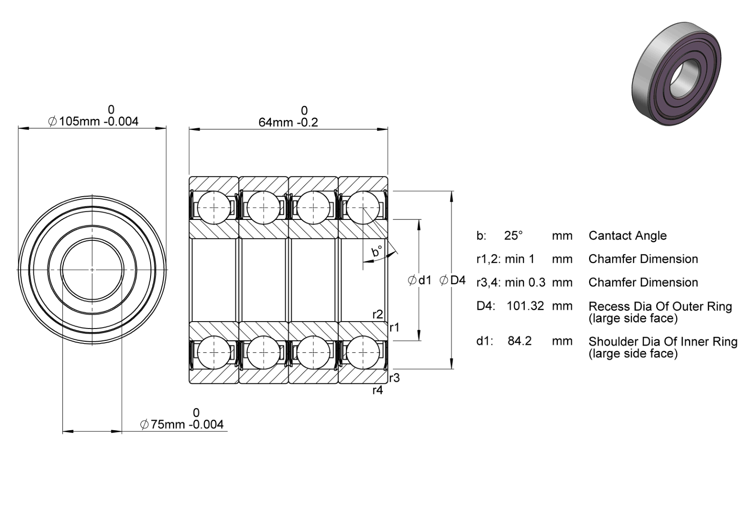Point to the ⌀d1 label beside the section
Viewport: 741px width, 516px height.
[x=419, y=280]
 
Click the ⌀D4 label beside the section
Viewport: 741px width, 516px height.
[x=452, y=280]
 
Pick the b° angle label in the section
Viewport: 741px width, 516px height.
[x=377, y=251]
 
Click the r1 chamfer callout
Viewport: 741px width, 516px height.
[x=395, y=328]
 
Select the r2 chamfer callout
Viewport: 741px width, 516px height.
[x=378, y=314]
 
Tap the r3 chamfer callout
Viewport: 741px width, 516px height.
[x=395, y=378]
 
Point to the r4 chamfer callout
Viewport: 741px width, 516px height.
[x=378, y=391]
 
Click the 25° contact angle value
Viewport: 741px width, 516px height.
[x=513, y=235]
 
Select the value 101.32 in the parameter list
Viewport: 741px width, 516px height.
[x=525, y=306]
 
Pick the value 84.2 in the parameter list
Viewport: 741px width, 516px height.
[x=520, y=341]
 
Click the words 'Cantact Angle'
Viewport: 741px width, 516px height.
[x=627, y=236]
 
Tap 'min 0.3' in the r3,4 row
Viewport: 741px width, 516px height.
[x=525, y=282]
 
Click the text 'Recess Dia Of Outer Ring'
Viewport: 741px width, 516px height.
[x=660, y=307]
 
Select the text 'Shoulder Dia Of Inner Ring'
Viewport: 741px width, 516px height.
[x=663, y=341]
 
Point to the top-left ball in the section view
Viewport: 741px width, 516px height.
[x=214, y=208]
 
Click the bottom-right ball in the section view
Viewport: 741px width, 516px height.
[x=363, y=352]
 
